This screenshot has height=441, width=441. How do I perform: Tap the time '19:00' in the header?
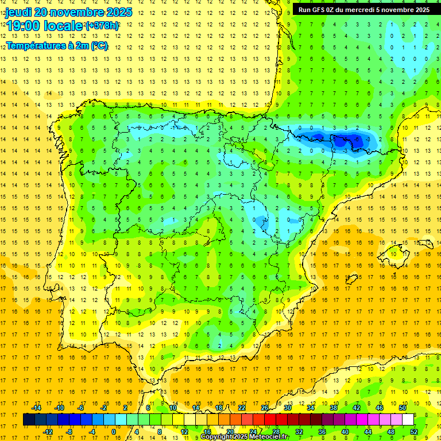click(24, 26)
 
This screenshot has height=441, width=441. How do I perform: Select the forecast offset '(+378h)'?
click(102, 26)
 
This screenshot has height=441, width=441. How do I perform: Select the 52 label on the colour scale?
click(414, 432)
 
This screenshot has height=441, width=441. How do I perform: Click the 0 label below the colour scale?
click(114, 432)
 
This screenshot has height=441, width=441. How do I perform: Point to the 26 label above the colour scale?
click(265, 407)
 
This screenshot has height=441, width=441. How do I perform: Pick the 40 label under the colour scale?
click(345, 432)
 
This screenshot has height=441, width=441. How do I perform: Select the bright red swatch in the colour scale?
click(270, 420)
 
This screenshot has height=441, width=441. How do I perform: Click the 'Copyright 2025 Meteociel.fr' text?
click(245, 437)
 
